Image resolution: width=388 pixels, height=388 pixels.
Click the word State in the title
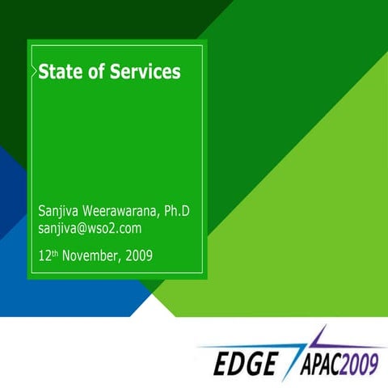[x=59, y=72]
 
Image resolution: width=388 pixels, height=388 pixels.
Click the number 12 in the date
[x=45, y=257]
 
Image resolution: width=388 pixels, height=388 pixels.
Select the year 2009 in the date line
[x=138, y=257]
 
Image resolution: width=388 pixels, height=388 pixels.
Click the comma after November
[x=121, y=261]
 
